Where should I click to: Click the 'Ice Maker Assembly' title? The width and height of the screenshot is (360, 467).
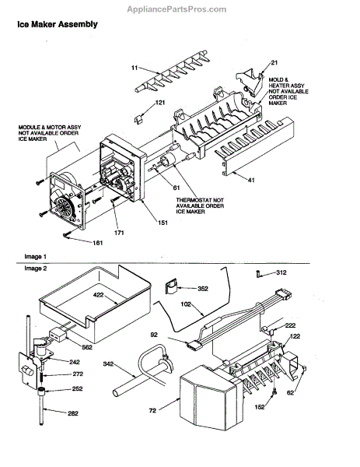[x=58, y=24]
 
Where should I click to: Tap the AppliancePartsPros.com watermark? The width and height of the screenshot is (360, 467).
[x=177, y=9]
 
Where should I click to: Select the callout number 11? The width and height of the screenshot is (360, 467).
[x=135, y=68]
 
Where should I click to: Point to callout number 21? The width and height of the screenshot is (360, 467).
[x=274, y=62]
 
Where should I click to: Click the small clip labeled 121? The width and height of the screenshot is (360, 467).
[x=138, y=119]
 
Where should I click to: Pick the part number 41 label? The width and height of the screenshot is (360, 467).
[x=251, y=181]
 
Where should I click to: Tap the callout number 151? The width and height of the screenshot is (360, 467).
[x=163, y=223]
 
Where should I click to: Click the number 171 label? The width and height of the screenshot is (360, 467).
[x=119, y=233]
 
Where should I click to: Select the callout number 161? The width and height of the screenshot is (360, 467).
[x=98, y=243]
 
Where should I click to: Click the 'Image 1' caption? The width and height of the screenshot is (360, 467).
[x=36, y=256]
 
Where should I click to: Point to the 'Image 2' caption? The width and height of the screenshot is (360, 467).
[x=36, y=269]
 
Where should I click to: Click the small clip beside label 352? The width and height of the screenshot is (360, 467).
[x=171, y=286]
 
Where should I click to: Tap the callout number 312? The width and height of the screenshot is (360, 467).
[x=281, y=272]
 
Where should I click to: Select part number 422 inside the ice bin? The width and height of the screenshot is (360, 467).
[x=98, y=295]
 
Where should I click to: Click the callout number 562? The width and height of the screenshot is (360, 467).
[x=86, y=347]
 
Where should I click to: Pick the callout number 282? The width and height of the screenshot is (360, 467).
[x=73, y=413]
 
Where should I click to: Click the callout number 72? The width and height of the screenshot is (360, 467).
[x=152, y=411]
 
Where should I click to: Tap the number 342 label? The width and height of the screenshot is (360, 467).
[x=109, y=363]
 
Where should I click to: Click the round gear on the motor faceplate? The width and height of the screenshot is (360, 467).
[x=65, y=206]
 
